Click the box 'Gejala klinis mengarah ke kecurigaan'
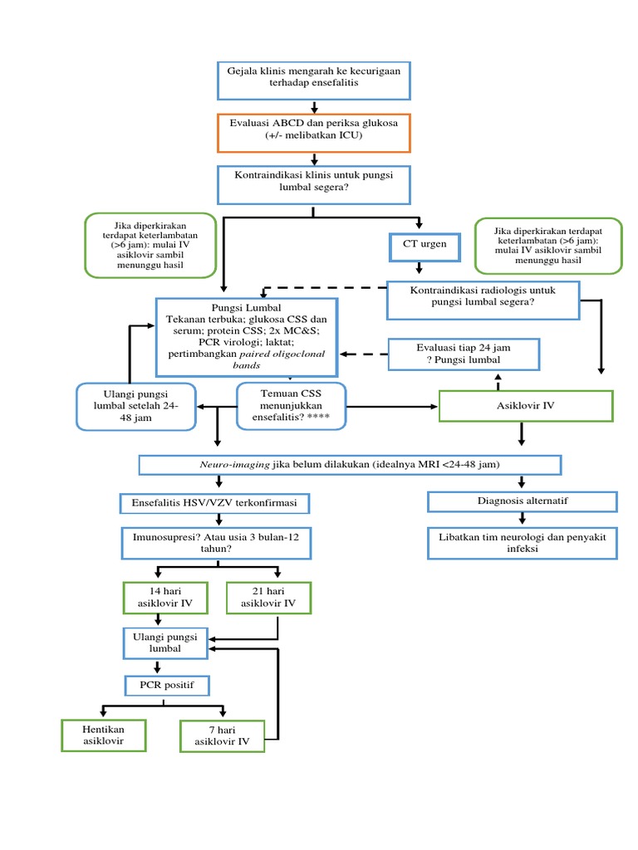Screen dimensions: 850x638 point(314,78)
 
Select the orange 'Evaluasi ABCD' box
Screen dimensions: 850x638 point(314,133)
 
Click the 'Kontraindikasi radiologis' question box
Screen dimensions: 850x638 point(483,298)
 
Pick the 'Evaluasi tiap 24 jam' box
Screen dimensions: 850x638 point(464,354)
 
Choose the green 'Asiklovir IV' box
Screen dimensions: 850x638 point(525,406)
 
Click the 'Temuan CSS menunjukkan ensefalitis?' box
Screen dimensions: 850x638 point(291,406)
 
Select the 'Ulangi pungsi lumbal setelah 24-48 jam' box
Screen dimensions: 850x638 point(136,406)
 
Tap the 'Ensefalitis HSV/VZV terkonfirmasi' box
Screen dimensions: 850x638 point(215,503)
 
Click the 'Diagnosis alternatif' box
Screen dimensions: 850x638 point(523,501)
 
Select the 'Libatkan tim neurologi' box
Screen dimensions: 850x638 point(523,543)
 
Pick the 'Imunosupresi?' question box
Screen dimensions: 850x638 point(217,543)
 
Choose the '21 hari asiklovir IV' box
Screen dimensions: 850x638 point(267,598)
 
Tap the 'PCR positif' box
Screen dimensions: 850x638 point(167,686)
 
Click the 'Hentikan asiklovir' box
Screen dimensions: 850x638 point(103,734)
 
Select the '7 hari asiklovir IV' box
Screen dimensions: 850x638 point(221,735)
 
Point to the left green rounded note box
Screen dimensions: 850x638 point(150,245)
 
